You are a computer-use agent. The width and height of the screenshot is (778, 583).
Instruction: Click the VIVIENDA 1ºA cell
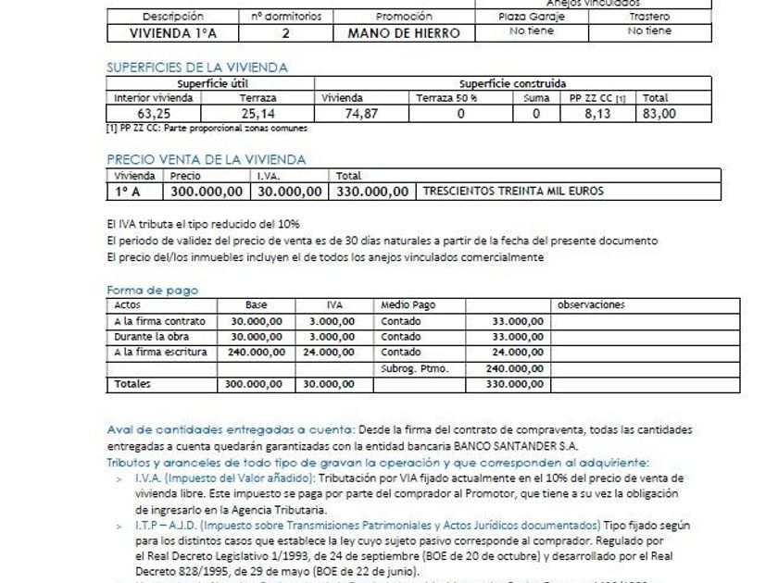click(x=173, y=32)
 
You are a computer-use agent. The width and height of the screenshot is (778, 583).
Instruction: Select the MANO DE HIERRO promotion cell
click(x=404, y=32)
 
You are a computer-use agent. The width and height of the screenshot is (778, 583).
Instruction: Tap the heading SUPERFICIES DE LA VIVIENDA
click(x=196, y=67)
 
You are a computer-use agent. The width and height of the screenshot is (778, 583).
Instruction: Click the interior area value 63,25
click(x=153, y=114)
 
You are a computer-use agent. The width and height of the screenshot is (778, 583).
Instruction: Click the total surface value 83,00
click(x=659, y=114)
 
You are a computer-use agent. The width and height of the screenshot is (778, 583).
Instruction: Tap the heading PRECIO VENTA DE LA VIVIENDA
click(x=206, y=159)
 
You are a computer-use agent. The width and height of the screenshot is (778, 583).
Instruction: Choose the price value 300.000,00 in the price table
click(x=208, y=192)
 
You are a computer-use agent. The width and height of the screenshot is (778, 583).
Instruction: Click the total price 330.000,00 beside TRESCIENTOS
click(x=372, y=192)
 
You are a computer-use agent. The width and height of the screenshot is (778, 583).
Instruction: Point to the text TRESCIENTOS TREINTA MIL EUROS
click(x=512, y=192)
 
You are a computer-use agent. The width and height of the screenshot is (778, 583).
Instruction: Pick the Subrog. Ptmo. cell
click(x=414, y=367)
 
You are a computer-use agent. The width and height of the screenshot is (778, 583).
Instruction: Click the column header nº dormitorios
click(x=285, y=17)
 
